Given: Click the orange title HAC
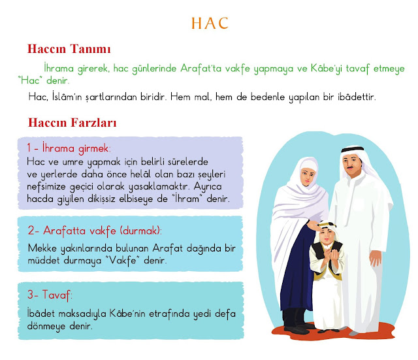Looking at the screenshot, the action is coord(210,24).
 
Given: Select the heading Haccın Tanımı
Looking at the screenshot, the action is coord(69,49).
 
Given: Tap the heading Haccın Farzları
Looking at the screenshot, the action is coord(72,123).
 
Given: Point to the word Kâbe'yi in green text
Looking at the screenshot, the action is coord(326,68).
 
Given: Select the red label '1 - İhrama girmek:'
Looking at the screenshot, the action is coord(69,148).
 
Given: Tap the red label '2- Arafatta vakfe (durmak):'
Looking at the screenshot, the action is coord(95,231).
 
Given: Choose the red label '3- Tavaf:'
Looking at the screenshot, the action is coord(50,295).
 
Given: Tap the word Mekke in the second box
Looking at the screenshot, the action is coord(42,248).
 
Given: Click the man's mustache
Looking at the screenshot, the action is coord(351,167).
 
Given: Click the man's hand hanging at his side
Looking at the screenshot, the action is coord(376,258).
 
